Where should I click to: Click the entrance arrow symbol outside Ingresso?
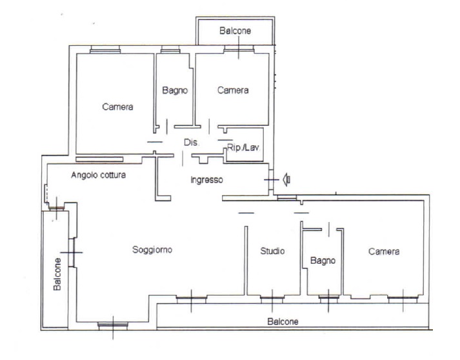point(286,179)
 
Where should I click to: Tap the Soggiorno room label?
point(152,250)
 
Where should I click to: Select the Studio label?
point(272,251)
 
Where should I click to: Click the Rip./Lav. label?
point(243,147)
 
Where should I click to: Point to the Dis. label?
point(191,143)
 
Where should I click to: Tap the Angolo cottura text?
point(99,175)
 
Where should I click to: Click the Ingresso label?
point(206,180)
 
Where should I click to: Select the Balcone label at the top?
point(235,30)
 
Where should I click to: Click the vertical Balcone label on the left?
point(57,274)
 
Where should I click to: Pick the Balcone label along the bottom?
point(283,321)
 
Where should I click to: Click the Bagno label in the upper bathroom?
point(175,90)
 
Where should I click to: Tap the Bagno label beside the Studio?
point(323,261)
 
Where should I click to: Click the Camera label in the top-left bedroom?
point(117,106)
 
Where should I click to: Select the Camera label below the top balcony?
point(233,90)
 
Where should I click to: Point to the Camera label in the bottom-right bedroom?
point(384,252)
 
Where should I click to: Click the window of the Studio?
point(272,299)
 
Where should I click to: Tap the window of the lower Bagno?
point(328,299)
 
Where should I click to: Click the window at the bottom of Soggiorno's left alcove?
point(113,325)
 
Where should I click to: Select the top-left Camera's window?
point(105,49)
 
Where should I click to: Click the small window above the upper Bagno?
point(170,49)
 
